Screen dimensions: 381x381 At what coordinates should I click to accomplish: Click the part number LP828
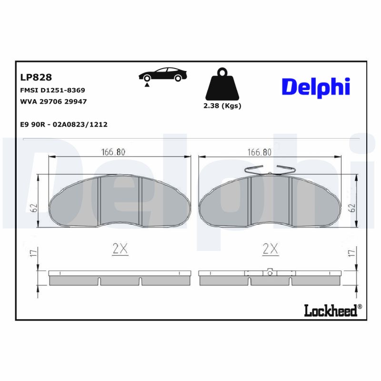coord(36,77)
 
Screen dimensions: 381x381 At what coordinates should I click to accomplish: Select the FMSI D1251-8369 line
coord(52,90)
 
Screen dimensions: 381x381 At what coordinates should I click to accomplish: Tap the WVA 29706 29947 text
coord(53,101)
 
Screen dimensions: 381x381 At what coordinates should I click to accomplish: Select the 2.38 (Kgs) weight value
coord(222,106)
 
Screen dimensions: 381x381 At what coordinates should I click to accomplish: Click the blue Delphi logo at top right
coord(316,87)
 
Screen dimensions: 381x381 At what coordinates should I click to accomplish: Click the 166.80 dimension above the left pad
coord(113,152)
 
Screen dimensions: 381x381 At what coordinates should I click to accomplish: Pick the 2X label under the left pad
coord(120,248)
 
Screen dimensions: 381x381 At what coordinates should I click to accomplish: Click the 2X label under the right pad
coord(270,248)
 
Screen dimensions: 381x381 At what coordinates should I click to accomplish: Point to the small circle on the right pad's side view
coord(270,273)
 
